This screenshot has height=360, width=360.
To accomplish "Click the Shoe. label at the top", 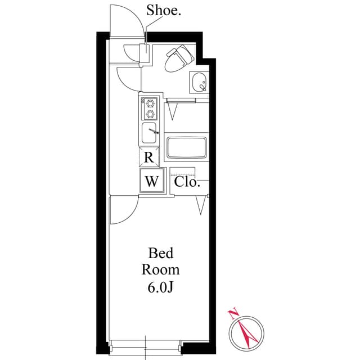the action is click(164, 11).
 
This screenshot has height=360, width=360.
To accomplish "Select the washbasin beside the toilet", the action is click(199, 82).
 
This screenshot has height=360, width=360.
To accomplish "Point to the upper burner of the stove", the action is click(150, 103).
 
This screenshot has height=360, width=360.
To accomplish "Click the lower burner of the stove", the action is click(150, 114).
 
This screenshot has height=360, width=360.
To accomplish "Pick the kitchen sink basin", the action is click(148, 133).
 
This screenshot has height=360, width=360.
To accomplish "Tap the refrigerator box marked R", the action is click(149, 157).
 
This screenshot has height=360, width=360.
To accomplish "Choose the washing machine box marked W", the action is click(152, 181).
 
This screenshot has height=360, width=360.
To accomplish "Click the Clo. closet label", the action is click(187, 182).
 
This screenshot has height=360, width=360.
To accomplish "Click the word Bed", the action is click(161, 253).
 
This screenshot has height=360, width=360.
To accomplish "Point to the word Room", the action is click(160, 270).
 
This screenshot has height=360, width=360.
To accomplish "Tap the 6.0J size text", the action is click(160, 287).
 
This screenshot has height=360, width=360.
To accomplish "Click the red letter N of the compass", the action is click(233, 314).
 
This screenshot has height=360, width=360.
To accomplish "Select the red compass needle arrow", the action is click(248, 333).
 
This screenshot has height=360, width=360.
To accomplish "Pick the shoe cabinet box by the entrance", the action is click(145, 53).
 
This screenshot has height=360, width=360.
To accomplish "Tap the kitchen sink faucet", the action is click(154, 131).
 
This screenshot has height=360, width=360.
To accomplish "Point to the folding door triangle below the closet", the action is click(201, 205).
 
